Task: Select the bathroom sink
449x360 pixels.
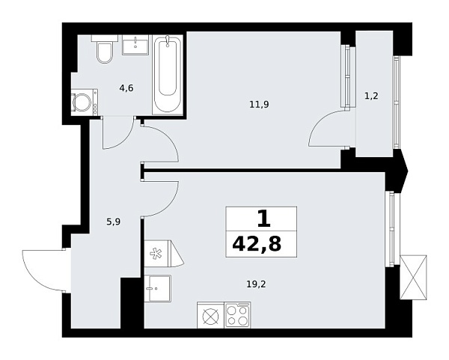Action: click(135, 43)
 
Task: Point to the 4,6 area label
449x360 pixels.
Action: click(126, 88)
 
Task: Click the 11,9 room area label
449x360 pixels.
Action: click(259, 104)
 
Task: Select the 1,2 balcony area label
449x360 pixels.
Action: click(370, 96)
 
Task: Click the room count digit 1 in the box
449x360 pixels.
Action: click(262, 219)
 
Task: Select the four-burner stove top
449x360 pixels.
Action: click(238, 314)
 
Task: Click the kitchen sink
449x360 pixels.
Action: click(159, 286)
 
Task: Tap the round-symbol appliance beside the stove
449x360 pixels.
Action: click(210, 315)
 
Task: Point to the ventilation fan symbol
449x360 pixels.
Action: click(157, 252)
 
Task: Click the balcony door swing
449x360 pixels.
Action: click(330, 129)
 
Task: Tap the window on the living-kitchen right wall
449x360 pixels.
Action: click(388, 228)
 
